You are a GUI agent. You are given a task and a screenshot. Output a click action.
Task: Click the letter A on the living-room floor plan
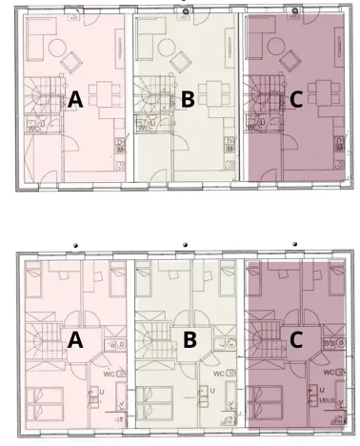[75, 98]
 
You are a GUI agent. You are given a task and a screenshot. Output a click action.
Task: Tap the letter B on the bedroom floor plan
[189, 339]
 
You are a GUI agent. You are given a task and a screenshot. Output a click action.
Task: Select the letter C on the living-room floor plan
[296, 98]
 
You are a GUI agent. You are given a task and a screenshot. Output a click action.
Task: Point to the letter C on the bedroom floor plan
[296, 339]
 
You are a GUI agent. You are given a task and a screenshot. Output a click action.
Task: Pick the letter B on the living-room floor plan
[188, 98]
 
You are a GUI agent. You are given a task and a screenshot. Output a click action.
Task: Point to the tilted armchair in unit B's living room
[182, 62]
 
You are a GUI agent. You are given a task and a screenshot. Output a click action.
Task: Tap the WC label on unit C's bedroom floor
[332, 372]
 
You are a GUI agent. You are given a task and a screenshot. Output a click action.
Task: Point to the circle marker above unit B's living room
[187, 10]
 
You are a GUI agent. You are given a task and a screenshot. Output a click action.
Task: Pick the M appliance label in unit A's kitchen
[120, 149]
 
